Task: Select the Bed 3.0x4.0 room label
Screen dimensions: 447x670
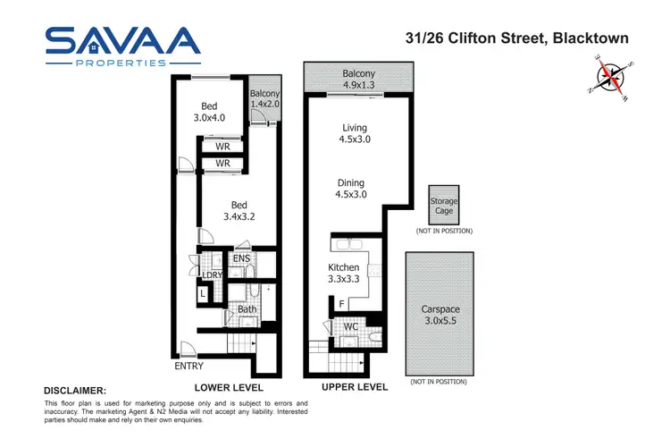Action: pos(211,110)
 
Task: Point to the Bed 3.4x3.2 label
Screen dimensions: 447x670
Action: pos(240,209)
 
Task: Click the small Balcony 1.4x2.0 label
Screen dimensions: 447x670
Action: pos(264,99)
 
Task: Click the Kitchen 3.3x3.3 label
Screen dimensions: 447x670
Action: pos(344,273)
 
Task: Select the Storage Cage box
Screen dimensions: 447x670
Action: pos(445,207)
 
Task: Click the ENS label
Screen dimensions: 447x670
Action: pos(241,259)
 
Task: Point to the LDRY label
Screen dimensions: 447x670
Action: pos(212,275)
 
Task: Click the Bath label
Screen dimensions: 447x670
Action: pos(247,310)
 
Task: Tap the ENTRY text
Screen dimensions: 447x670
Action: pos(189,366)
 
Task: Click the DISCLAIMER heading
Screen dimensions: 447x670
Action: pos(75,391)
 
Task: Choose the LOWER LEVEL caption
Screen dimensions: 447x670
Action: pos(228,387)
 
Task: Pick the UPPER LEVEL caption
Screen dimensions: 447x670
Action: pos(354,387)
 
